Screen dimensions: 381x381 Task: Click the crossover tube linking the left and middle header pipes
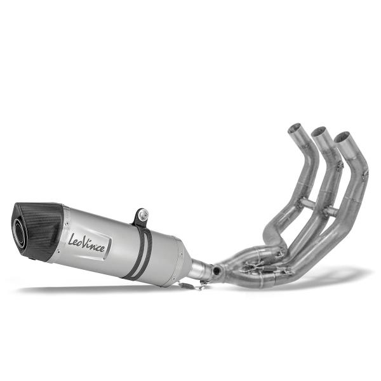click(x=306, y=203)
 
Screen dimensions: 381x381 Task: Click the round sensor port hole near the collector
click(x=218, y=271)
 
